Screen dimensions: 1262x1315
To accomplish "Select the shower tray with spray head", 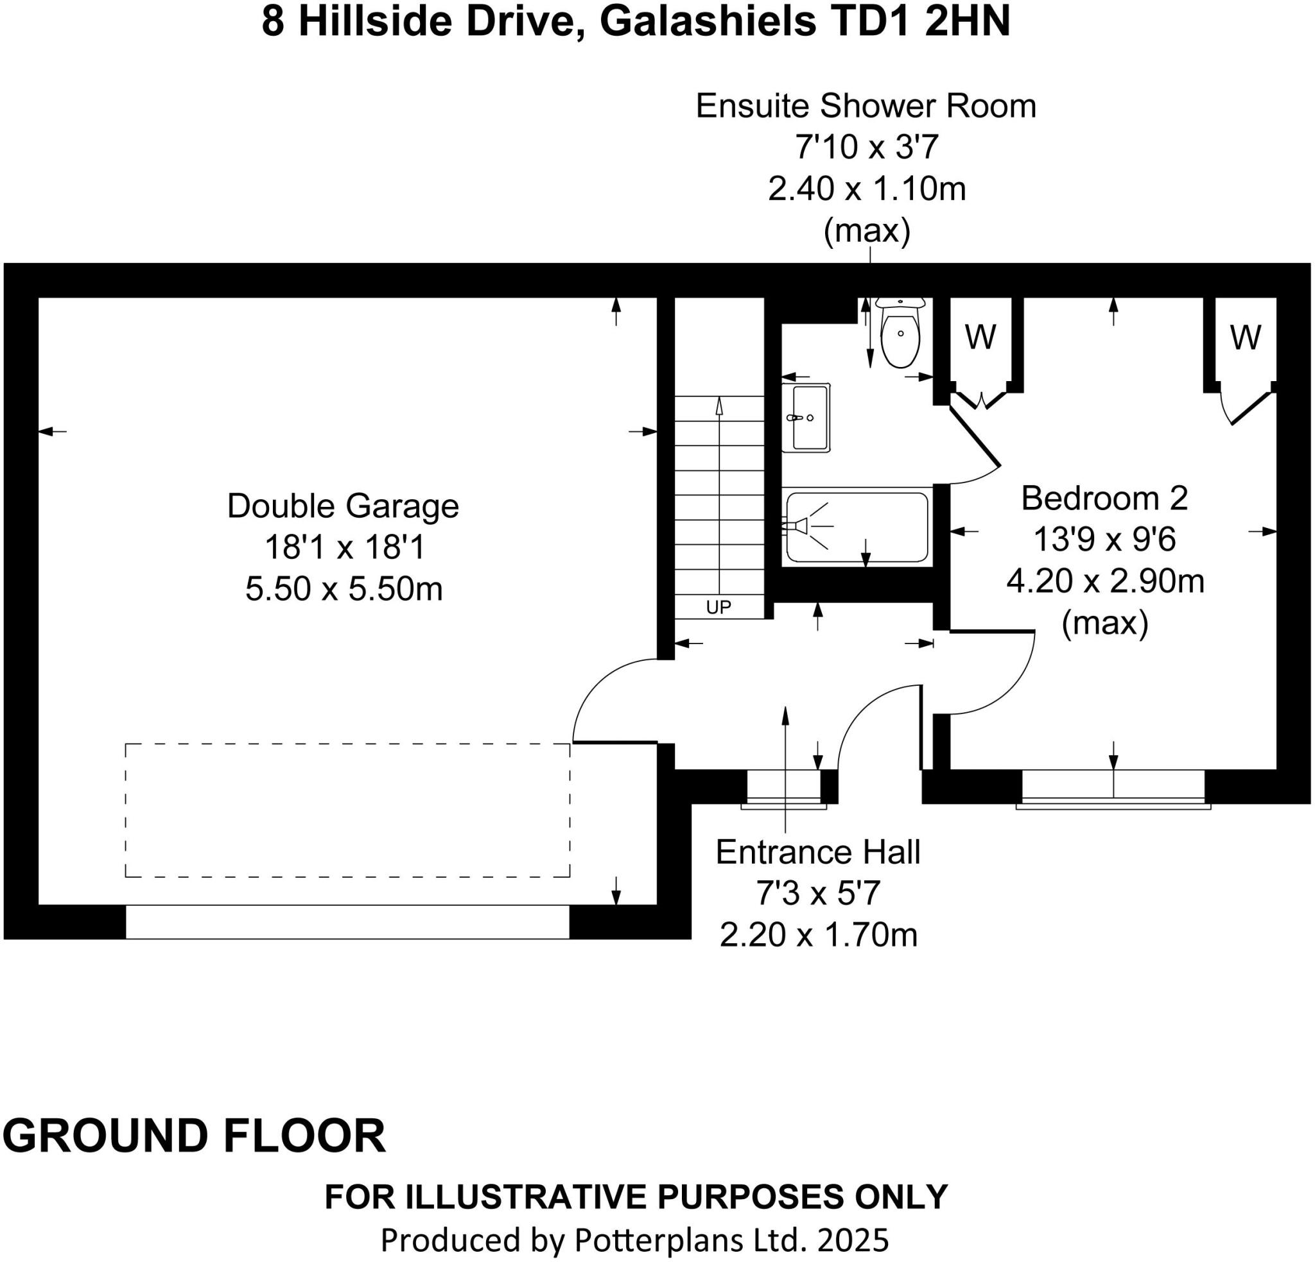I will tap(857, 527).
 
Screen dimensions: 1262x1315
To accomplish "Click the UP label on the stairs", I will tap(718, 608).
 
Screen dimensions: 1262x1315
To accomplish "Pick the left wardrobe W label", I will tap(980, 337).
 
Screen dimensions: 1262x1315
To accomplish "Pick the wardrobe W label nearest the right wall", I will tap(1245, 337).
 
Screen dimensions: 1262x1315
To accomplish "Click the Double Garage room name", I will tap(343, 506).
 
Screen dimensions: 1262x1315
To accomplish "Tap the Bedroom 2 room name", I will tap(1104, 499).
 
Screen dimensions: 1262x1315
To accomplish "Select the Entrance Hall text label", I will tap(818, 852).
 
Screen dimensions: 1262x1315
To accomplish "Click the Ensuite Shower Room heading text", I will tap(866, 107).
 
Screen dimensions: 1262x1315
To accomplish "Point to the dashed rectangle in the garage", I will tap(347, 810).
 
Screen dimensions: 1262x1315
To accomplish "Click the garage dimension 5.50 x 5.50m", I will tap(344, 590).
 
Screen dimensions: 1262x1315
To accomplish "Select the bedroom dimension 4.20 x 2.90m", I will tap(1105, 581).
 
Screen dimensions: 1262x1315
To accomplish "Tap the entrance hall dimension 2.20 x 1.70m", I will tap(819, 935).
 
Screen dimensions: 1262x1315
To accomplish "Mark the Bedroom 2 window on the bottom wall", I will tap(1113, 789).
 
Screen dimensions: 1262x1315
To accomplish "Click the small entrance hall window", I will tap(783, 789).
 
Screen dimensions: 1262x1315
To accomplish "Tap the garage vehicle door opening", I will tap(347, 921).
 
